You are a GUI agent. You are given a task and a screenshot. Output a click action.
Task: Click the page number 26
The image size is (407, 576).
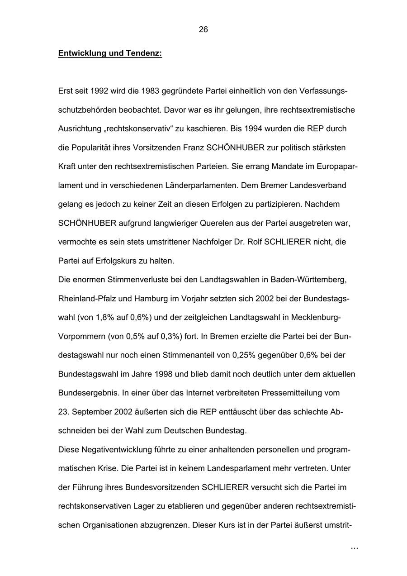pos(203,29)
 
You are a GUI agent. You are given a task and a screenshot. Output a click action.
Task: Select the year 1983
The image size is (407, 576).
pos(151,91)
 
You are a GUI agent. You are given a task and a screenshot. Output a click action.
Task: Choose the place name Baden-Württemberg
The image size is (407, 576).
pos(308,280)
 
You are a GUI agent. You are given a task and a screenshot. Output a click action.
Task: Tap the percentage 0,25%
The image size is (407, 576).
pos(244,356)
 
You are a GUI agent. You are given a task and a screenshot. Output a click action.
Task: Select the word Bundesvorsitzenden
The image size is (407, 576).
pos(163,488)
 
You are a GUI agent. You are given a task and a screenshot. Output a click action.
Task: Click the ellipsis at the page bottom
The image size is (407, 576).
pos(354,548)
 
